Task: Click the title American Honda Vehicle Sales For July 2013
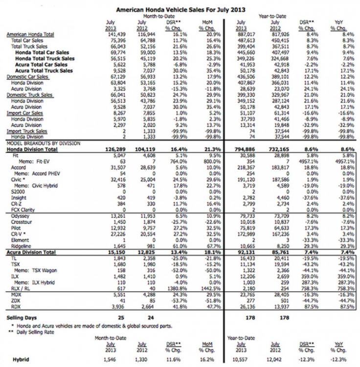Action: point(180,9)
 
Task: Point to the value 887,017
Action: point(245,35)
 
